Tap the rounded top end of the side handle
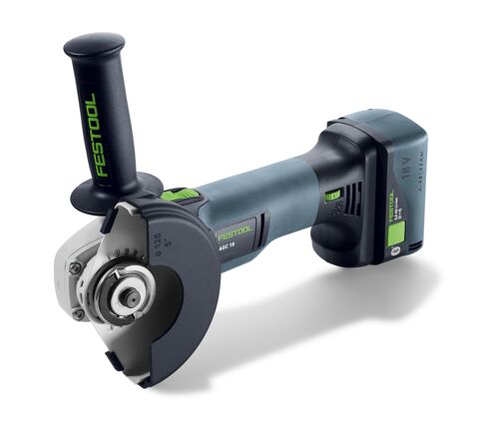(x=92, y=44)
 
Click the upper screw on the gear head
(x=75, y=266)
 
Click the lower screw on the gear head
(x=78, y=312)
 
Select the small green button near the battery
(x=332, y=195)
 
